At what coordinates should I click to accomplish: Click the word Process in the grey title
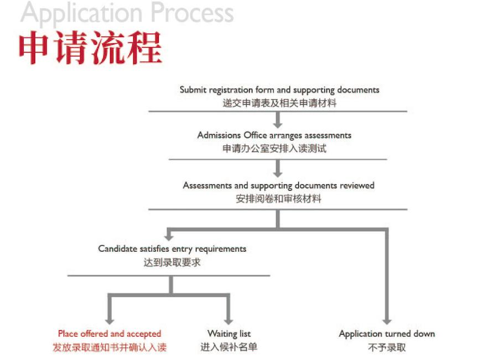coord(192,12)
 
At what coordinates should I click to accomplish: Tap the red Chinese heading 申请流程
coord(91,48)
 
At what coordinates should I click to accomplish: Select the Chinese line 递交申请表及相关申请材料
coord(279,103)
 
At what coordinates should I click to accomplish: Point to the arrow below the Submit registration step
coord(278,120)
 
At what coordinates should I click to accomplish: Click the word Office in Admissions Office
coord(255,135)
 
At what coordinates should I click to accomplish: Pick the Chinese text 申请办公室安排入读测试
coord(274,148)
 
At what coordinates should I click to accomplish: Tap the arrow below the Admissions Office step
coord(278,168)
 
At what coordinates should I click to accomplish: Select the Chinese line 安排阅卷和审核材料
coord(278,199)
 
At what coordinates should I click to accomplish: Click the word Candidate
coord(117,248)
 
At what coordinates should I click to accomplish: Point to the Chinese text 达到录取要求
coord(172,263)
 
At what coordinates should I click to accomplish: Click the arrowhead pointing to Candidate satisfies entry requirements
coord(169,237)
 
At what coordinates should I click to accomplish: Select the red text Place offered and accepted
coord(110,333)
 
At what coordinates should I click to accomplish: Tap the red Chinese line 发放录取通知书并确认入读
coord(110,347)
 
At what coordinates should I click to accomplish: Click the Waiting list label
coord(229,333)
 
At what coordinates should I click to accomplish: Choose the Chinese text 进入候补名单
coord(229,347)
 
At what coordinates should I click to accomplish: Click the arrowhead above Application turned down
coord(387,321)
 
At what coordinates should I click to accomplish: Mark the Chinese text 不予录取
coord(387,347)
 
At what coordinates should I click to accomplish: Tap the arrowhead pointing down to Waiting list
coord(229,321)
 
